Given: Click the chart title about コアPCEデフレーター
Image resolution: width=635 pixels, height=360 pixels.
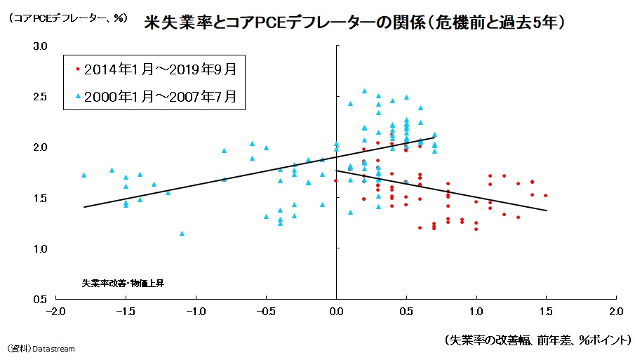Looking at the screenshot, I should tap(354, 22).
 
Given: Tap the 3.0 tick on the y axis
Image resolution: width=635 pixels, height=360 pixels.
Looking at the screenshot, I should tap(40, 46).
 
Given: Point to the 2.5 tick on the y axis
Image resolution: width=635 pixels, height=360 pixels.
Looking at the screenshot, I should tap(40, 97).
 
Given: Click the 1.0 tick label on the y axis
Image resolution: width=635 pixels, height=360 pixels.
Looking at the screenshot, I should tap(40, 248).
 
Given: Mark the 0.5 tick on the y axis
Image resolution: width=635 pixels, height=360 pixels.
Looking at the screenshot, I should tap(40, 299).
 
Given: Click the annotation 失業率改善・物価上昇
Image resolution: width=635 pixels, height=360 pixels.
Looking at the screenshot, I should tap(123, 284).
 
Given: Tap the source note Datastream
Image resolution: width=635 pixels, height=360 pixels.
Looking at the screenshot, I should tap(41, 349).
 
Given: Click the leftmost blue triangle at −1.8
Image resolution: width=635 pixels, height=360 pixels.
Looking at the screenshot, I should tap(83, 175).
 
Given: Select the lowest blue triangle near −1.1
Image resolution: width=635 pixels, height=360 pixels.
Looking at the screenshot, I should tap(182, 233).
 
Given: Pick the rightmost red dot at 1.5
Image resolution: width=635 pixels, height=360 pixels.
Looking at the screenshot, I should tap(546, 196).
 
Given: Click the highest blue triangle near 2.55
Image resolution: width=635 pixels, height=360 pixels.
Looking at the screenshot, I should tap(364, 91).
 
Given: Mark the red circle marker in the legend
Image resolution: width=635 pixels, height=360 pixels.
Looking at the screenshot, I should tap(78, 69).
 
